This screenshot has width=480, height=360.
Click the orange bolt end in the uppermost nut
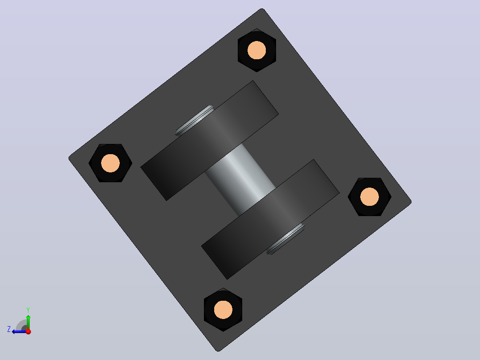point(257,50)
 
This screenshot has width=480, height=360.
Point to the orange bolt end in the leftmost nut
point(110,163)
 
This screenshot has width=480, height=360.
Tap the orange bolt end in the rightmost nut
point(370,196)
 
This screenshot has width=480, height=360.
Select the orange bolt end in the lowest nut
point(223,310)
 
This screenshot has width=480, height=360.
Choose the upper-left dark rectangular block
point(209,141)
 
